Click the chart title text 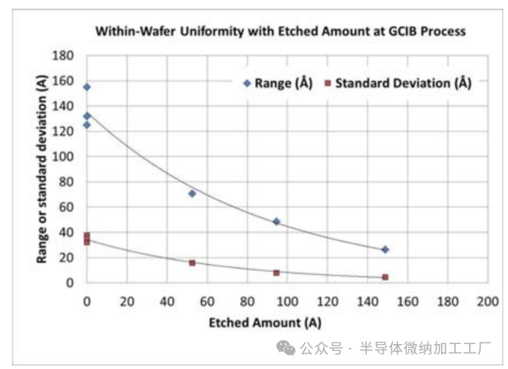(280, 32)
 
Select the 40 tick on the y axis (68, 233)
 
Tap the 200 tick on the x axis (488, 300)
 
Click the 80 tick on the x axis (247, 300)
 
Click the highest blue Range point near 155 (86, 87)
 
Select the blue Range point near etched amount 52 (192, 193)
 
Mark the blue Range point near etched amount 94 (276, 222)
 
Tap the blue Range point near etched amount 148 (385, 249)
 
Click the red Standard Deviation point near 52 (192, 263)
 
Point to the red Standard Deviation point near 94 (276, 272)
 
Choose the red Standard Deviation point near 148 (385, 277)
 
